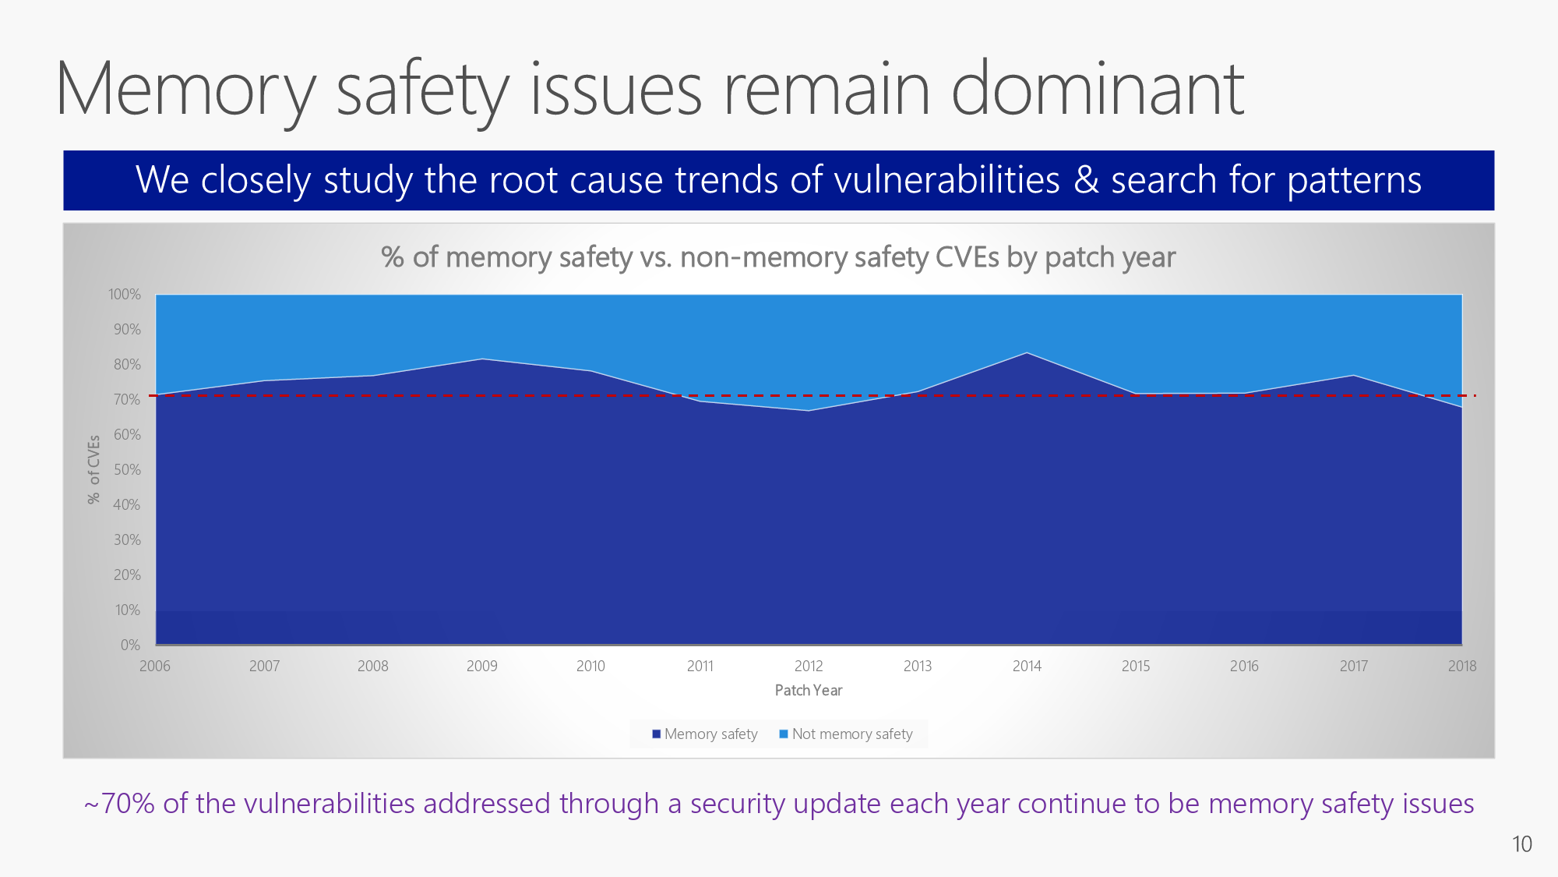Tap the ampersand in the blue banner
1086,180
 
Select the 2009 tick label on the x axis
481,666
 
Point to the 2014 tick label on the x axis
1027,666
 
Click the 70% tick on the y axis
127,399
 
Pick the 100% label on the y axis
125,295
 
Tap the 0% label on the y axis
130,645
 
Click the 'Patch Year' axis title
809,690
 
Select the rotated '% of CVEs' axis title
94,469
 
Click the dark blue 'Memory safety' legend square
657,734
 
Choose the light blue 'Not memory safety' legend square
784,734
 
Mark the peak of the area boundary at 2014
1027,353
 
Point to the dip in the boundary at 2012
809,411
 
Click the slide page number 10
1521,844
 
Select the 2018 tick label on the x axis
1461,666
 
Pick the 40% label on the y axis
127,504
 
